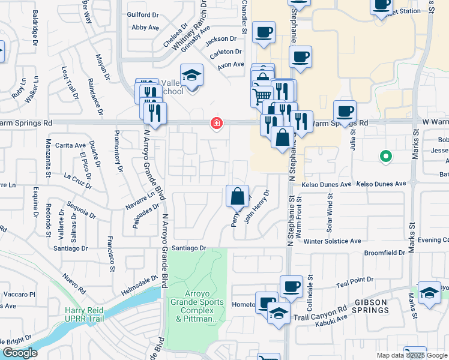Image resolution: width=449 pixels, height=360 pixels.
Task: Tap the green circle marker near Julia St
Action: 386,157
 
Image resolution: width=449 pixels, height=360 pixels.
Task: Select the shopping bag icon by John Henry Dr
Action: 237,196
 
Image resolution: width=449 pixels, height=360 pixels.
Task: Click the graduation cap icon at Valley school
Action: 191,75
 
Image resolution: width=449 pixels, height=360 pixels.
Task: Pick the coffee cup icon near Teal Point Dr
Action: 291,286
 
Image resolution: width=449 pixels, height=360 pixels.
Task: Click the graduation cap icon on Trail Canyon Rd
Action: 279,313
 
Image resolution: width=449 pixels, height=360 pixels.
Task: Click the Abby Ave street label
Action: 145,27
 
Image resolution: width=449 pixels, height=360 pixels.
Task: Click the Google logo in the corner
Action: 20,353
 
